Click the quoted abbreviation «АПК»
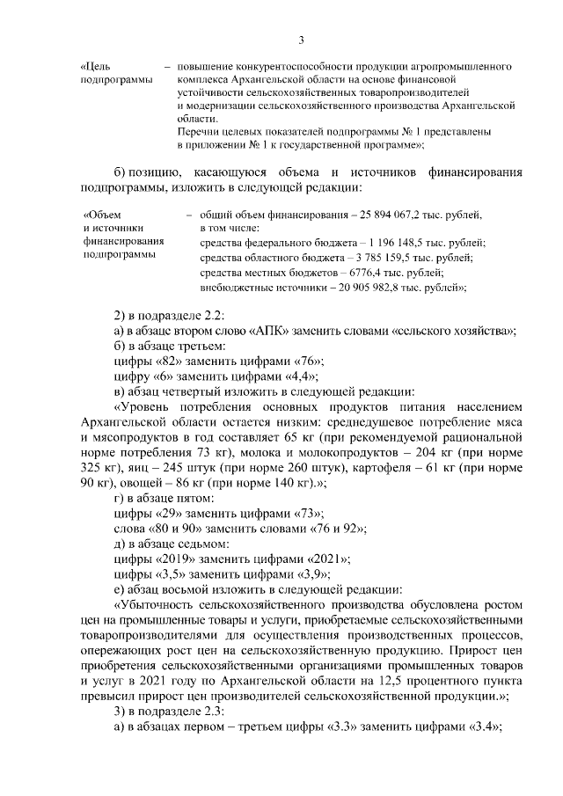(268, 331)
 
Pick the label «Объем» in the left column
(101, 215)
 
